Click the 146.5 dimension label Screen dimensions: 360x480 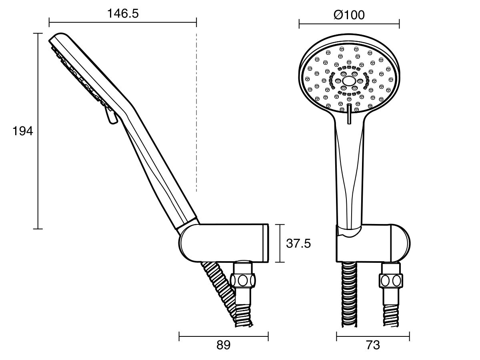coord(123,14)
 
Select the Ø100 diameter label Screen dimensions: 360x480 coord(349,15)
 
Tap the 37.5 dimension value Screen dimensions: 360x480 coord(298,244)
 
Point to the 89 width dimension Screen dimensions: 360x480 coord(224,345)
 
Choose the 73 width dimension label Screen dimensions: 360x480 coord(373,345)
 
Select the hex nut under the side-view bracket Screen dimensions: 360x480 coord(243,280)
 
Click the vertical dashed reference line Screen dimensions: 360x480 coord(197,112)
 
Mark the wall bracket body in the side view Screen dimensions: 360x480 coord(224,243)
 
